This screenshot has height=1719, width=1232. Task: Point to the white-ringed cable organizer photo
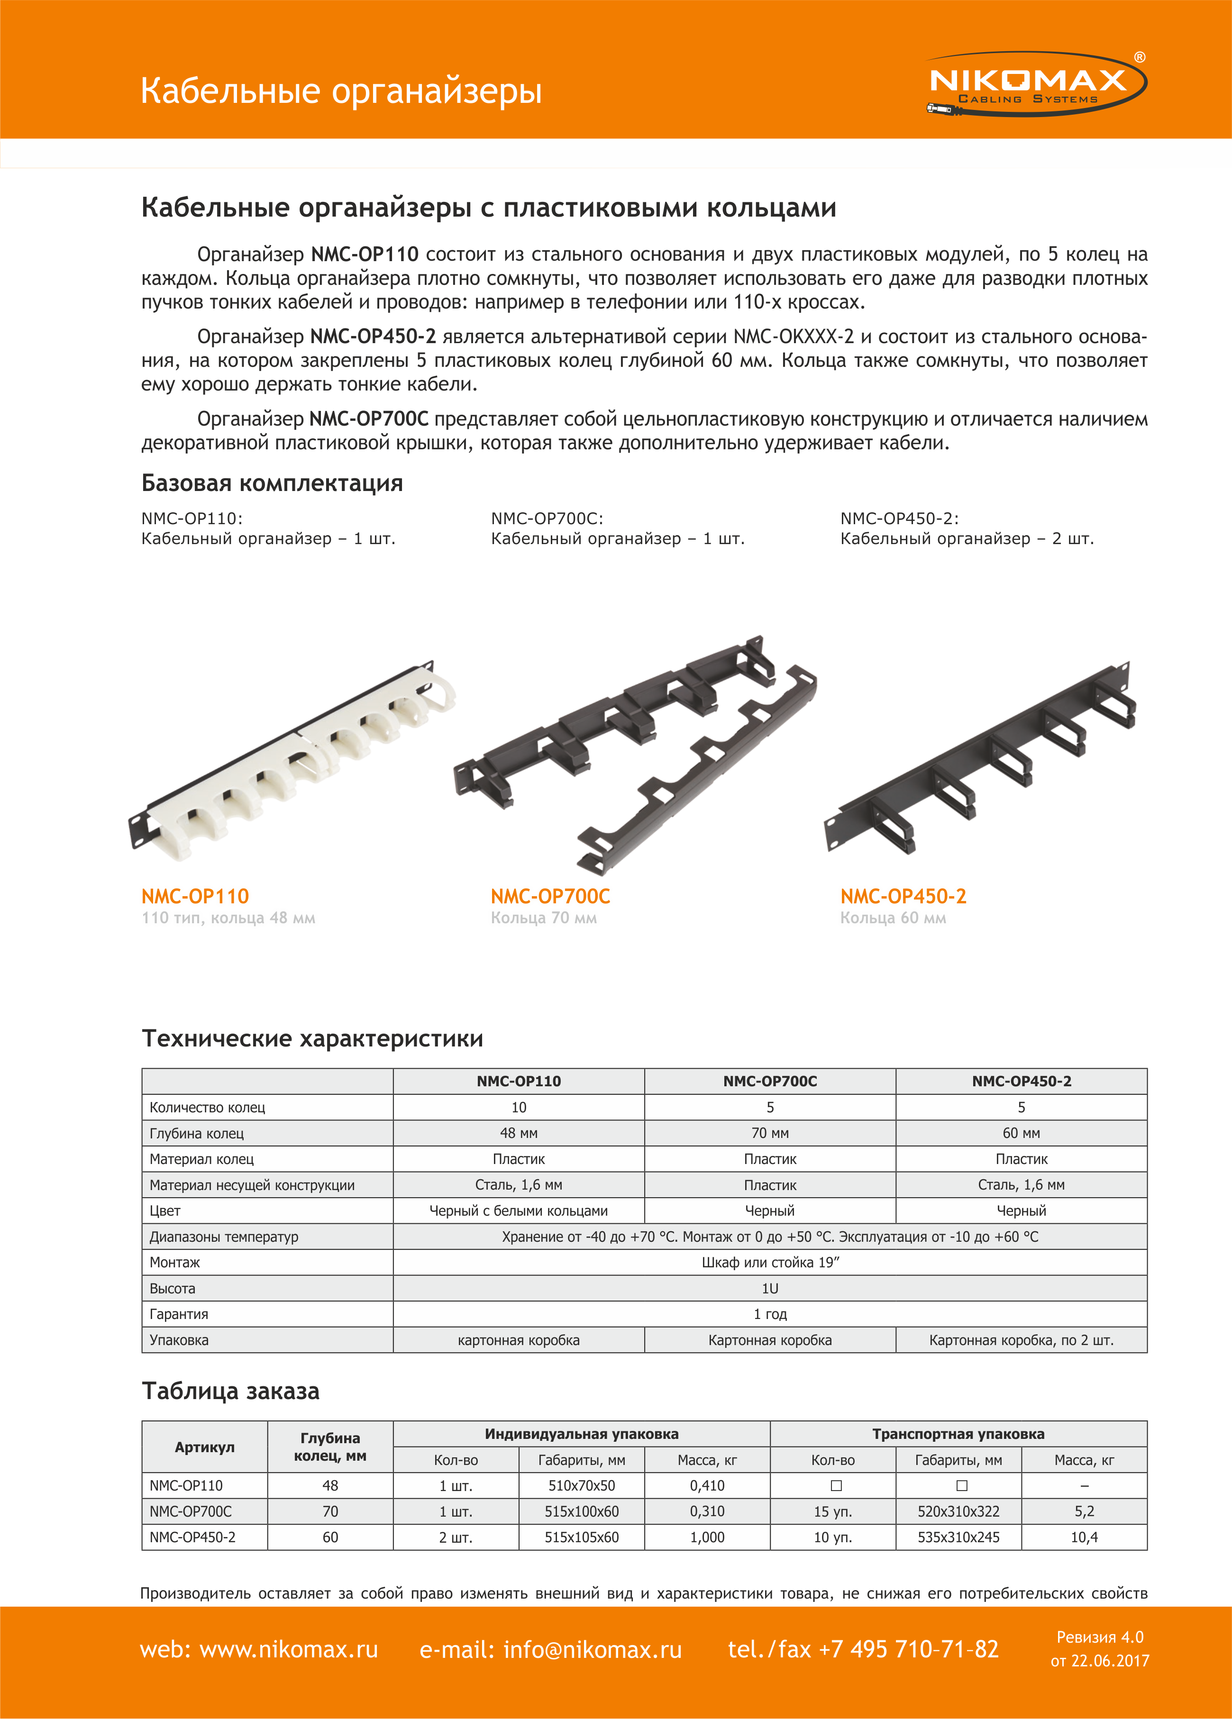(292, 757)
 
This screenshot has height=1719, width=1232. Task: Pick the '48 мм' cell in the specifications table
(519, 1133)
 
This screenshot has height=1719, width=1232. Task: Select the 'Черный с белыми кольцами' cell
(519, 1210)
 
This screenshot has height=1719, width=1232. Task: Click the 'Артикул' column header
(205, 1447)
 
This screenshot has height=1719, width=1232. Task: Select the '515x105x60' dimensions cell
(582, 1537)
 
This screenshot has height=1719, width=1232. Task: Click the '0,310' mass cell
(707, 1511)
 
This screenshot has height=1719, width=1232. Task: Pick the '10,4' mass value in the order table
(1084, 1537)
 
